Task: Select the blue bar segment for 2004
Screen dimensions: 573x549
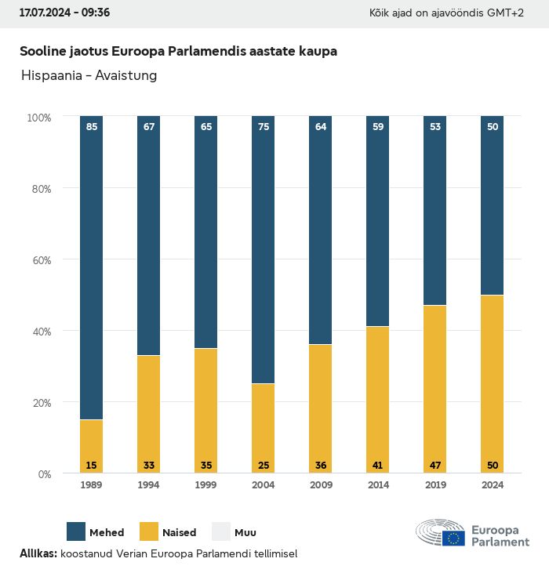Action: coord(264,251)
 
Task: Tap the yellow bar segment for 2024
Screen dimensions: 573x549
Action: coord(492,384)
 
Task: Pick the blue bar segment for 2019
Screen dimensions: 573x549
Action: coord(434,212)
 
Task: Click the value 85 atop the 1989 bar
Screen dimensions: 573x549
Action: coord(92,127)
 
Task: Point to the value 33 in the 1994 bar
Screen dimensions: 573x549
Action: coord(149,466)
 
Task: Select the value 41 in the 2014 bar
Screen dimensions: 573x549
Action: coord(378,466)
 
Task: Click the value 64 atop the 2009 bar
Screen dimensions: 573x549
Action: coord(321,127)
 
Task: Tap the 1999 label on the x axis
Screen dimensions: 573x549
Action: coord(206,485)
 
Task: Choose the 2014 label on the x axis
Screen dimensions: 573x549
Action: coord(378,485)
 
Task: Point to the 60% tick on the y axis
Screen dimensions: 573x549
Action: coord(39,259)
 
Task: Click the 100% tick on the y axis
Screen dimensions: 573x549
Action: coord(38,117)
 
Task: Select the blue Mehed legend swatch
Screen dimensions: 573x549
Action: coord(76,531)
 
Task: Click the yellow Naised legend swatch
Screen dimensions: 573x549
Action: coord(149,531)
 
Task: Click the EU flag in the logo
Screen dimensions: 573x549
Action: coord(453,538)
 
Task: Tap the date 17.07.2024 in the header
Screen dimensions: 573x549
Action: coord(45,13)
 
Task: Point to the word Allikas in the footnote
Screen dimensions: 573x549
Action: coord(38,553)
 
